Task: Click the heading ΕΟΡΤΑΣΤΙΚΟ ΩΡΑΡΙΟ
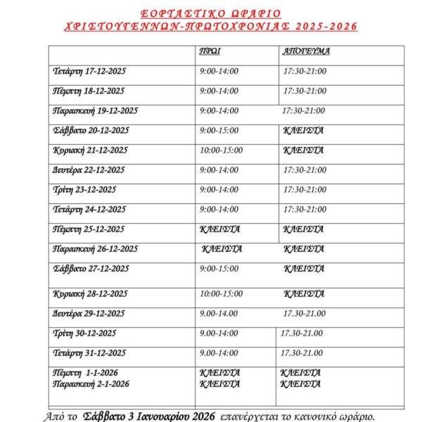pyautogui.click(x=210, y=13)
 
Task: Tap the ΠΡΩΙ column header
pyautogui.click(x=208, y=51)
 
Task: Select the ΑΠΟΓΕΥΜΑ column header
pyautogui.click(x=306, y=51)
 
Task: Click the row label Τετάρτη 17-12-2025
pyautogui.click(x=89, y=71)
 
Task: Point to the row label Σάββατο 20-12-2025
pyautogui.click(x=91, y=130)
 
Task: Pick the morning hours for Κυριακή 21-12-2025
pyautogui.click(x=221, y=150)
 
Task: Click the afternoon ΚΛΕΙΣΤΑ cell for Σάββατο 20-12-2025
pyautogui.click(x=303, y=130)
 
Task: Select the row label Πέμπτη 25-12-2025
pyautogui.click(x=89, y=229)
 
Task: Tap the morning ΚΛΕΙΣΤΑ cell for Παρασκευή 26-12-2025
pyautogui.click(x=222, y=249)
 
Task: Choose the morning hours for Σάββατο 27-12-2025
pyautogui.click(x=219, y=269)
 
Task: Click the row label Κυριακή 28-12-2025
pyautogui.click(x=89, y=293)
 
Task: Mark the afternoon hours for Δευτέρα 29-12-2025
pyautogui.click(x=305, y=313)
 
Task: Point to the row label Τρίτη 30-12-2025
pyautogui.click(x=84, y=333)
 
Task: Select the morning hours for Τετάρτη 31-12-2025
pyautogui.click(x=219, y=352)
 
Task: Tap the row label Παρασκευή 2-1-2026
pyautogui.click(x=91, y=384)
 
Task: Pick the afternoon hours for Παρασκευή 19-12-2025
pyautogui.click(x=303, y=110)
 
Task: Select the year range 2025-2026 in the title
pyautogui.click(x=319, y=26)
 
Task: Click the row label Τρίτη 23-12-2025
pyautogui.click(x=84, y=189)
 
